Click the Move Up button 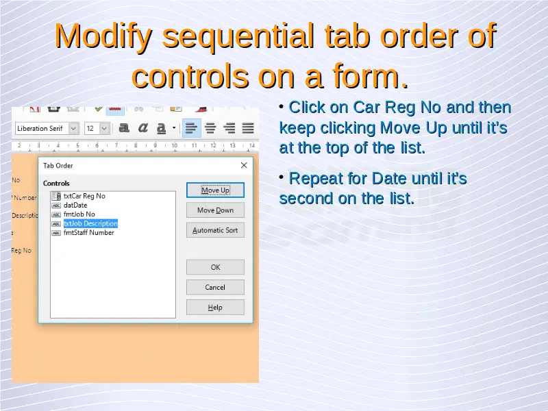coord(215,190)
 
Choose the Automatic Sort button coord(215,230)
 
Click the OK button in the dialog coord(215,267)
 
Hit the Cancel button coord(215,287)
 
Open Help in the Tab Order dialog coord(215,308)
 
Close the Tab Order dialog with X coord(244,165)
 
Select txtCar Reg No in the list coord(84,196)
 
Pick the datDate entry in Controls coord(75,205)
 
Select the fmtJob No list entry coord(79,214)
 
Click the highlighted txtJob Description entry coord(90,223)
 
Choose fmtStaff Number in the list coord(89,232)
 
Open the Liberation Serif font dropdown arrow coord(73,128)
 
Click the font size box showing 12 coord(92,128)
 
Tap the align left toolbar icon coord(191,128)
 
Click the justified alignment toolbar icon coord(248,128)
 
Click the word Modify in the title coord(103,37)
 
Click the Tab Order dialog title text coord(58,166)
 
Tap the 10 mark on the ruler coord(175,145)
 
